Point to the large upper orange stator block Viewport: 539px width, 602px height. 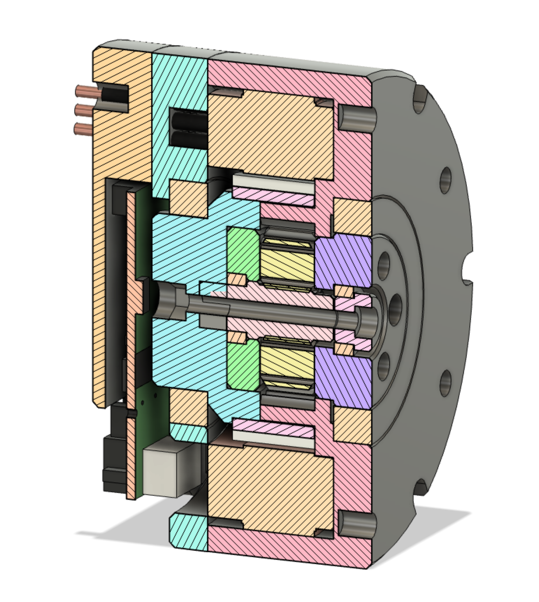(x=271, y=134)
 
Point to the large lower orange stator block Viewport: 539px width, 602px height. (x=271, y=483)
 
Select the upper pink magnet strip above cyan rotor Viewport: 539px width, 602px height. (x=272, y=196)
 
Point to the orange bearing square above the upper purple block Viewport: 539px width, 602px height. (x=352, y=216)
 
